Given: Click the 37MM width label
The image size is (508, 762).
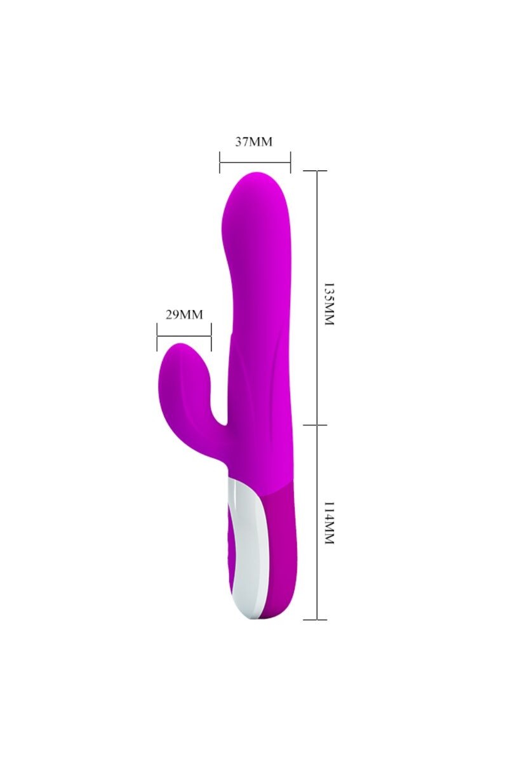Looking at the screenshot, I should click(x=253, y=142).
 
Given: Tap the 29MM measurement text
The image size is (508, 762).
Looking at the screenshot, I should click(x=184, y=314).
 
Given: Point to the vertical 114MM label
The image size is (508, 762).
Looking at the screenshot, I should click(x=328, y=523).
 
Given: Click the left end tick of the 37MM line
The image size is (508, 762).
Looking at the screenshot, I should click(x=220, y=162).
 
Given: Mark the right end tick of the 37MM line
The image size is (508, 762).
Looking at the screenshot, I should click(x=290, y=162).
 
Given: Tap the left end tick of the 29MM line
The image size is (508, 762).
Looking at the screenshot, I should click(x=157, y=336).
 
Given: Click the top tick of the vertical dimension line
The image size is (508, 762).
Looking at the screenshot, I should click(x=317, y=171).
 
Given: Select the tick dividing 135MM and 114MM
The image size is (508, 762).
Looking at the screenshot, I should click(x=317, y=425).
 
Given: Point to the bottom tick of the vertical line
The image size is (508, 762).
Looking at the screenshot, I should click(x=317, y=619).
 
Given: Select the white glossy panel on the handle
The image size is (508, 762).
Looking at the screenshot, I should click(x=244, y=540).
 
